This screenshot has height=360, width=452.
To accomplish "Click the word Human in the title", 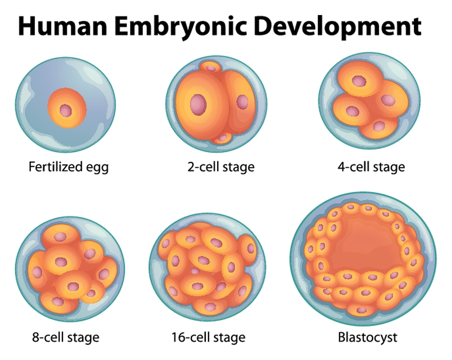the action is pos(62,26).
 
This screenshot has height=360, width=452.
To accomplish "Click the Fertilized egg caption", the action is pos(69,167).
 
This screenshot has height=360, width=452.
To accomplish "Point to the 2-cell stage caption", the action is pos(221,167).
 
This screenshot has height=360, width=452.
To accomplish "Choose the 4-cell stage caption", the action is pos(371,167).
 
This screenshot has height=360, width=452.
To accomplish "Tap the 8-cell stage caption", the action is pos(66,337).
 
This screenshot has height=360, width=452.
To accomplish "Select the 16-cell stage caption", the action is pos(208,337).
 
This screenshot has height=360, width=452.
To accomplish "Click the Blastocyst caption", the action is pos(367,337).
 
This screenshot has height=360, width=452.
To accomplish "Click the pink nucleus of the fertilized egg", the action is pos(66,110).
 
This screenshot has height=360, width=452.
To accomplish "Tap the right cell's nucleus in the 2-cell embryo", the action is pos(242,102).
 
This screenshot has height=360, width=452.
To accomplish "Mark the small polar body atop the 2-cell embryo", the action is pos(211,68).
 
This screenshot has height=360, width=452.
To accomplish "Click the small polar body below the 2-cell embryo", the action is pos(222,138).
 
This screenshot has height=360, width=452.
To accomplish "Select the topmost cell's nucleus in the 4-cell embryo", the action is pos(359,81).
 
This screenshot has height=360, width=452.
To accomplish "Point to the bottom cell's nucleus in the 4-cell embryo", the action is pos(379,126).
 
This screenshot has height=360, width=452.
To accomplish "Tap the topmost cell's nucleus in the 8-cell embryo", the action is pos(60,237).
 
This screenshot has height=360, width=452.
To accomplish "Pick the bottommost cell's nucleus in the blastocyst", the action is pos(362,310).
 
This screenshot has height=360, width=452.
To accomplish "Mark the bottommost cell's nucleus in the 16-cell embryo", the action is pos(210,307).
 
